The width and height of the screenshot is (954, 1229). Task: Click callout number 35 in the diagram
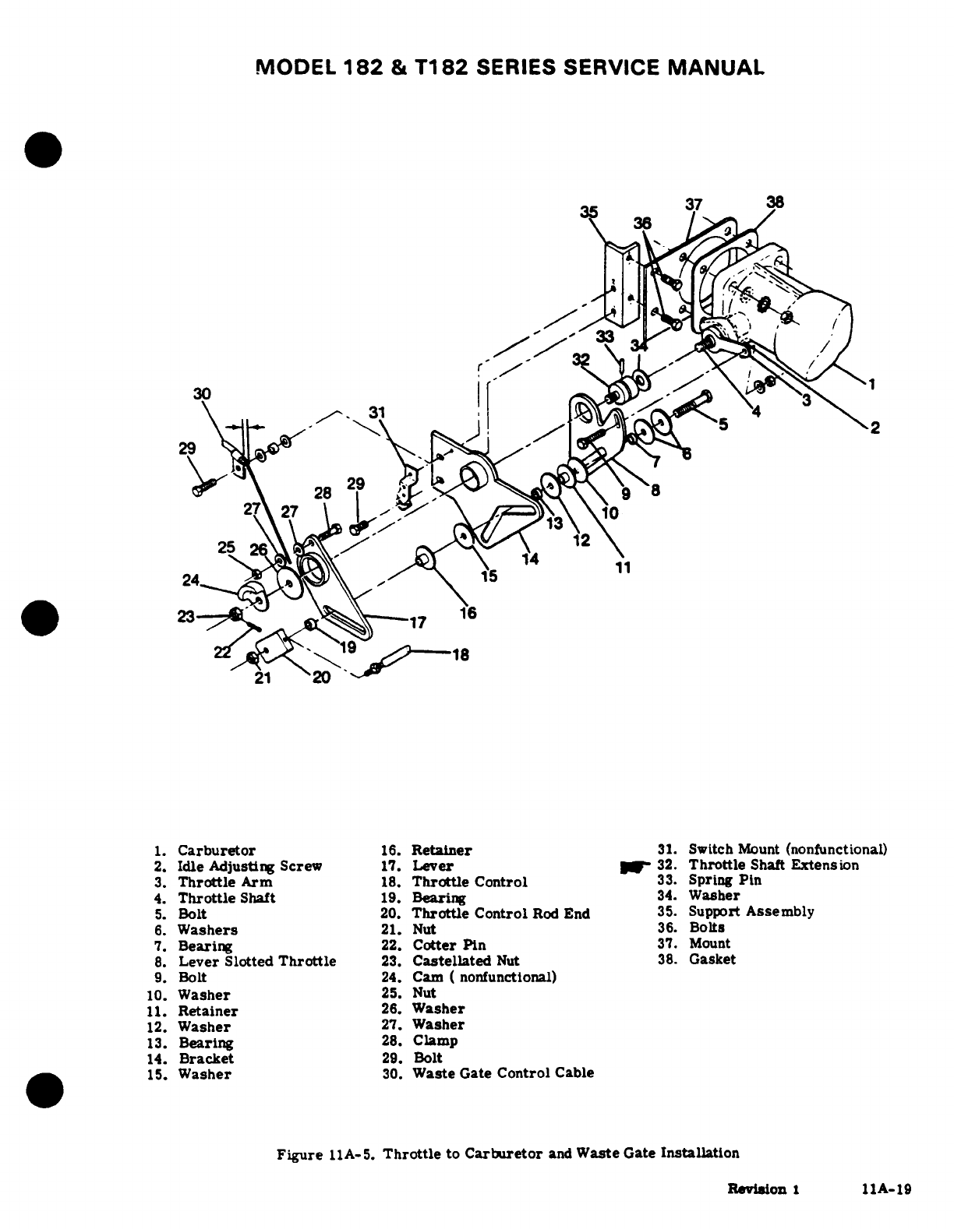tap(589, 211)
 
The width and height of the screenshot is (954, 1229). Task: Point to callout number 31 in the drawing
tap(377, 412)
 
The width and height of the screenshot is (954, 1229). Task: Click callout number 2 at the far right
tap(875, 428)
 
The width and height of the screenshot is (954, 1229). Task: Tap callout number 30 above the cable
tap(202, 393)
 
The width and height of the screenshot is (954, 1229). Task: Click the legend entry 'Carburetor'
tap(216, 850)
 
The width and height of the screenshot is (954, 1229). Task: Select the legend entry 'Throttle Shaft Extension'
tap(773, 865)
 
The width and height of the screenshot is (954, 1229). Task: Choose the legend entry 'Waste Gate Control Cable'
tap(503, 1072)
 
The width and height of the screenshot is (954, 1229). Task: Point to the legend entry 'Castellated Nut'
tap(465, 961)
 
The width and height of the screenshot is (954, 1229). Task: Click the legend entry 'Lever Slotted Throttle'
tap(257, 961)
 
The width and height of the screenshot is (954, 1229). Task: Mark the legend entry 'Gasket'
tap(712, 960)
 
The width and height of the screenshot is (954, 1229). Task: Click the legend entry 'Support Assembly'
tap(751, 911)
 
